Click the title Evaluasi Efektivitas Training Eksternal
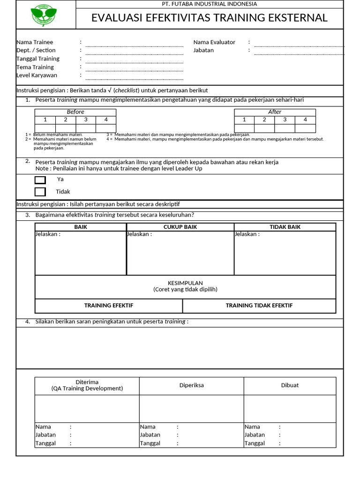[209, 18]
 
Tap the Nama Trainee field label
[35, 42]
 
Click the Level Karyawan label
[37, 75]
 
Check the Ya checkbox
[40, 180]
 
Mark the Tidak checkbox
[40, 192]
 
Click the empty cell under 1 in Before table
[45, 128]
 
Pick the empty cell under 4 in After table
[305, 128]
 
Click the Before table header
[75, 112]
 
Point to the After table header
[275, 112]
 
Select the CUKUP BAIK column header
[180, 227]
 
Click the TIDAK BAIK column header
[285, 227]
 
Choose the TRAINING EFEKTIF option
[109, 306]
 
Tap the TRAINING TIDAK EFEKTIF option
[259, 306]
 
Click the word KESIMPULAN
[185, 283]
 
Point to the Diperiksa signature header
[192, 385]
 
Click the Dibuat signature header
[290, 385]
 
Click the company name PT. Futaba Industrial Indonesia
[209, 4]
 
